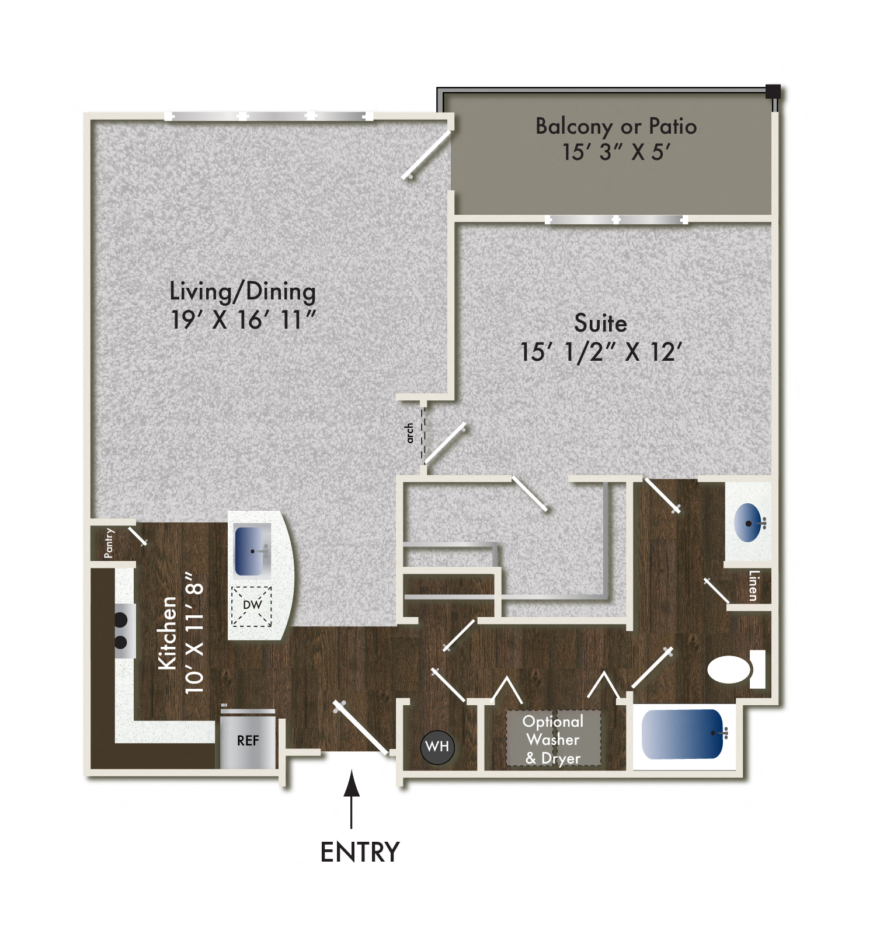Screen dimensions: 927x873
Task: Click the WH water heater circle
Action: pyautogui.click(x=437, y=747)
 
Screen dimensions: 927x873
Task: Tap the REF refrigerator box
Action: pyautogui.click(x=248, y=740)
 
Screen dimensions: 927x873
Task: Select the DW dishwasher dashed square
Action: pyautogui.click(x=252, y=606)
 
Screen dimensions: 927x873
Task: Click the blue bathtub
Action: pyautogui.click(x=682, y=734)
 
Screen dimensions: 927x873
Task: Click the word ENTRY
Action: pyautogui.click(x=360, y=852)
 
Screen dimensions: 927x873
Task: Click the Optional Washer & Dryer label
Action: pyautogui.click(x=552, y=740)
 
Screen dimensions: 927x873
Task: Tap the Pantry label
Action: pyautogui.click(x=109, y=543)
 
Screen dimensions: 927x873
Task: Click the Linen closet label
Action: pyautogui.click(x=753, y=586)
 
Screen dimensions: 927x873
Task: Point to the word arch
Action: pyautogui.click(x=409, y=433)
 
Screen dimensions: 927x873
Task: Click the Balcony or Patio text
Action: pyautogui.click(x=615, y=126)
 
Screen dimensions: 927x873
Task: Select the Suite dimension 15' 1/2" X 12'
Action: pyautogui.click(x=600, y=352)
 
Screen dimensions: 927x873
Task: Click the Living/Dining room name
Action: pyautogui.click(x=242, y=291)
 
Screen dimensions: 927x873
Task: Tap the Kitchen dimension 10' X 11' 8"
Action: pyautogui.click(x=194, y=632)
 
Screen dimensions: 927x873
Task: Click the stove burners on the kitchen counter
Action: pyautogui.click(x=121, y=631)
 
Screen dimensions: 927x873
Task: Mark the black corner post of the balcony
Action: pyautogui.click(x=773, y=92)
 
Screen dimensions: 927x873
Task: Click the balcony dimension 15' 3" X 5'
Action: pyautogui.click(x=615, y=152)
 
